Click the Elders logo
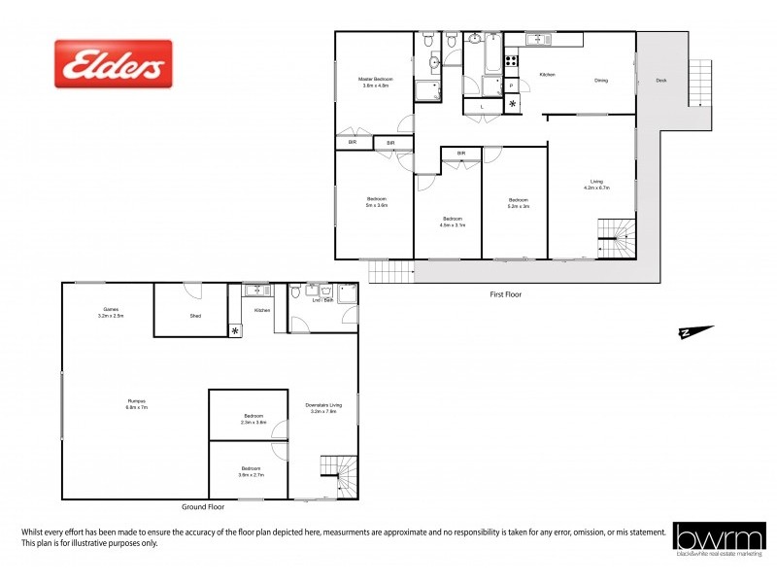pyautogui.click(x=113, y=64)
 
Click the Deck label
pyautogui.click(x=661, y=81)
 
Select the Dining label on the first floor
pyautogui.click(x=601, y=81)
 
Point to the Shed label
pyautogui.click(x=194, y=315)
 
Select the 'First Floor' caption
pyautogui.click(x=506, y=293)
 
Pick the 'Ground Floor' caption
pyautogui.click(x=203, y=507)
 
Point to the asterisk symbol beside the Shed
pyautogui.click(x=235, y=331)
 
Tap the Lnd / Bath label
pyautogui.click(x=323, y=301)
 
